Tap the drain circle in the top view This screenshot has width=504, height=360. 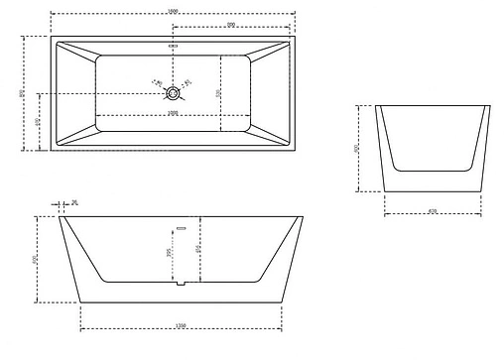point(174,93)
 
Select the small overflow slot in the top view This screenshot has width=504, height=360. point(174,46)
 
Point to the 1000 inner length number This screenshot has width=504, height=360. point(173,112)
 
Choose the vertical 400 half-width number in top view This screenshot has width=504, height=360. point(37,122)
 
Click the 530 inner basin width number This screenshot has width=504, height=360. point(217,94)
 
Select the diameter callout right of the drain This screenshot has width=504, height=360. point(189,81)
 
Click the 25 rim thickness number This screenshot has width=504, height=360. point(75,202)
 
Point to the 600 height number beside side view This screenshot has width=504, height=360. point(36,259)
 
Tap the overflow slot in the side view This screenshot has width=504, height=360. point(180,227)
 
